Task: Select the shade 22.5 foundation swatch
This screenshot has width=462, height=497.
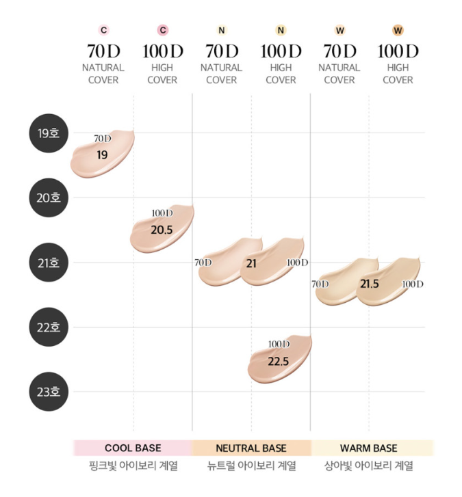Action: click(279, 360)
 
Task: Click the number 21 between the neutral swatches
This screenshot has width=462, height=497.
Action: click(251, 263)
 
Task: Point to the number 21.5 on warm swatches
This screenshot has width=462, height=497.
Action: click(369, 283)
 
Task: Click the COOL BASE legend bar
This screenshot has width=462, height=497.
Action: click(133, 448)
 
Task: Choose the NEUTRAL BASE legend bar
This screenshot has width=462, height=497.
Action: click(251, 448)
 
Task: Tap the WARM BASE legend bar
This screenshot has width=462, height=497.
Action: click(369, 448)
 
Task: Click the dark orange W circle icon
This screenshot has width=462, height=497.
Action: click(398, 30)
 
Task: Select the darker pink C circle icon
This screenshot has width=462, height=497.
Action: click(162, 30)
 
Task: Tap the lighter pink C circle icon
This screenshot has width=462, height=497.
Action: click(103, 30)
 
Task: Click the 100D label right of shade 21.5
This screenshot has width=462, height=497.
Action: click(412, 284)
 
